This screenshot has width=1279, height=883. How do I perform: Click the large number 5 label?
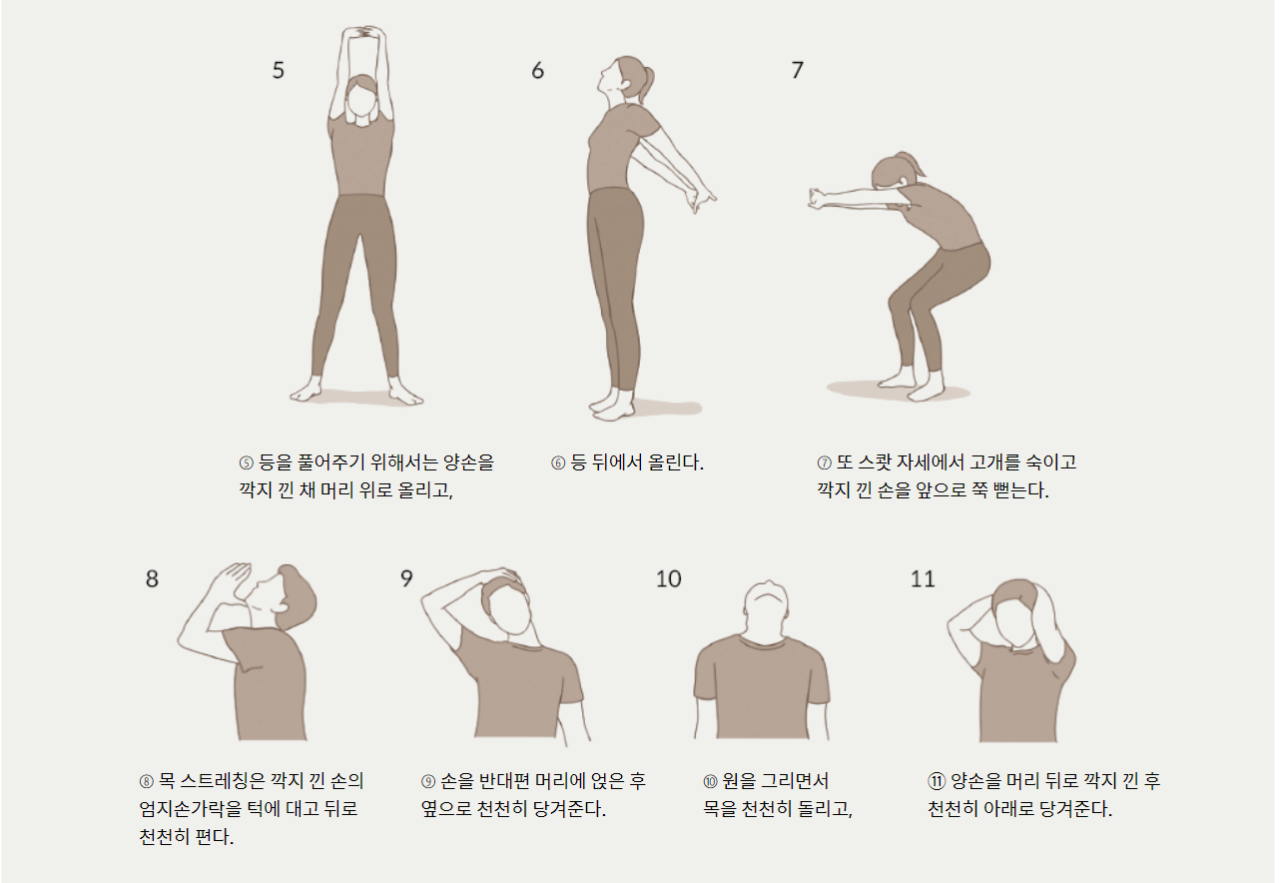click(279, 70)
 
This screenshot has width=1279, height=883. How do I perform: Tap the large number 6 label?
click(537, 70)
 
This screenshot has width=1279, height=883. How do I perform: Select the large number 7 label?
click(797, 70)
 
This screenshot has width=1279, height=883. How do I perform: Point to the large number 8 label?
click(152, 578)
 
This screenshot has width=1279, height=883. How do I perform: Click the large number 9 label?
click(406, 578)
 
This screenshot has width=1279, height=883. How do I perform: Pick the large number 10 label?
click(668, 579)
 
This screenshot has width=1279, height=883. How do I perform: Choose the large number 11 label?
click(923, 579)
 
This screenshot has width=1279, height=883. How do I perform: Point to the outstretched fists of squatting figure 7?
click(818, 199)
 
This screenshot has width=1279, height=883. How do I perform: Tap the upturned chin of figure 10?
click(768, 597)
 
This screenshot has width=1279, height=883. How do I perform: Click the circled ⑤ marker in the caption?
click(246, 462)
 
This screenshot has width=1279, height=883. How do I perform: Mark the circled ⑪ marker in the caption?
click(937, 781)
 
